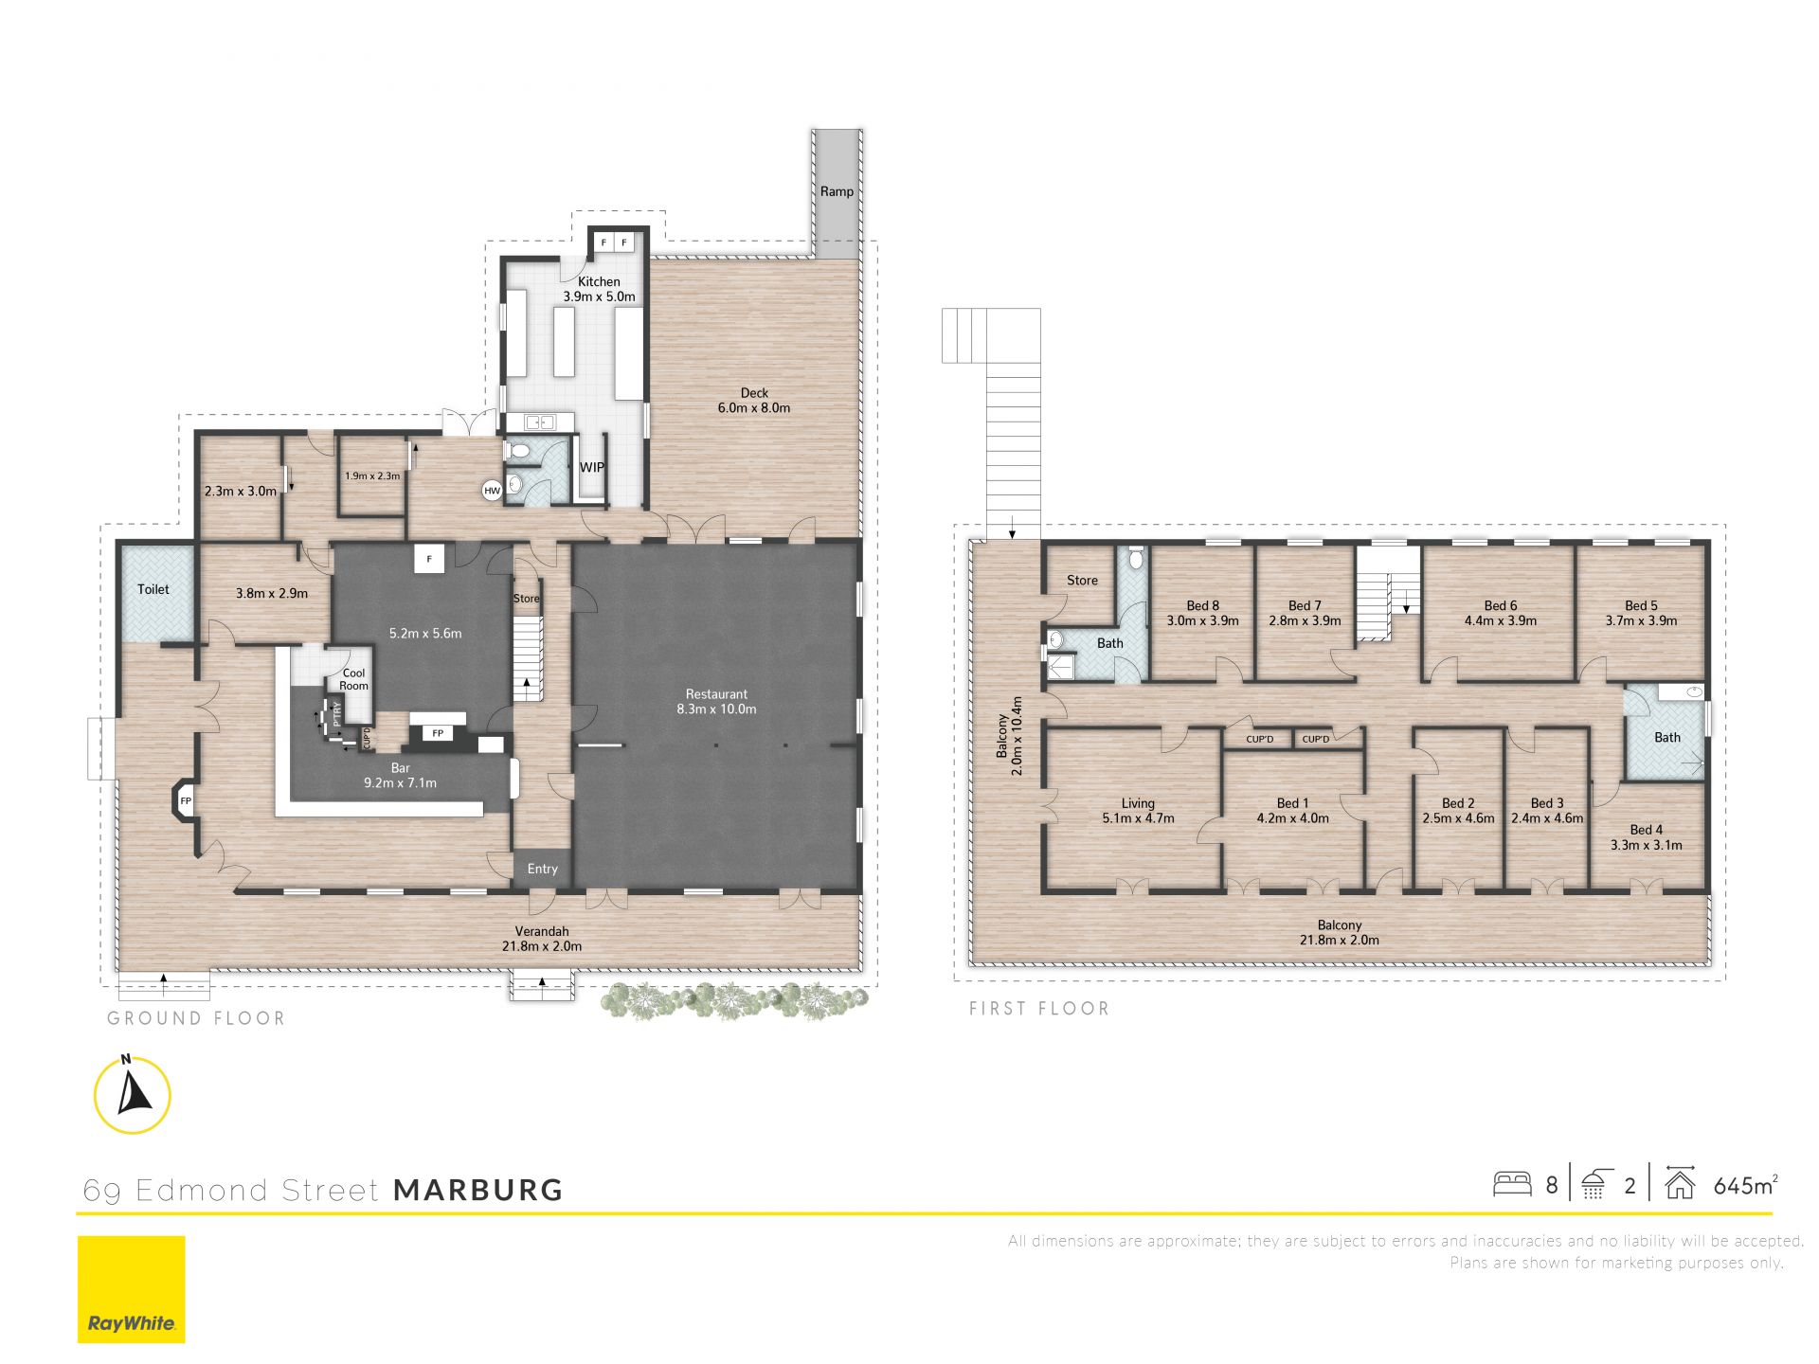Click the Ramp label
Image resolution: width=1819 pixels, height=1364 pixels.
pyautogui.click(x=837, y=191)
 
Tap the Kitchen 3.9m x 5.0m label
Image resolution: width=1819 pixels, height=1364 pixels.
pyautogui.click(x=599, y=289)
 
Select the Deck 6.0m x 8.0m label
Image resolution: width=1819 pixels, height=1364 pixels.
pyautogui.click(x=754, y=401)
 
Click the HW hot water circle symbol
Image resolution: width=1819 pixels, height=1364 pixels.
pyautogui.click(x=492, y=491)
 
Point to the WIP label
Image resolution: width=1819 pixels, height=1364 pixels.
pyautogui.click(x=592, y=467)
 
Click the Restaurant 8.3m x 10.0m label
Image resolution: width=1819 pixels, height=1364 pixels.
pyautogui.click(x=716, y=702)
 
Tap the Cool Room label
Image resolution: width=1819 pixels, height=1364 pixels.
pyautogui.click(x=353, y=679)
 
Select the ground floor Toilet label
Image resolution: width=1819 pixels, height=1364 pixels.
pyautogui.click(x=153, y=589)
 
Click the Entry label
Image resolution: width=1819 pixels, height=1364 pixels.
pyautogui.click(x=543, y=869)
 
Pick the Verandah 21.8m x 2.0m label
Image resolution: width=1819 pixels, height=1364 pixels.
pyautogui.click(x=542, y=939)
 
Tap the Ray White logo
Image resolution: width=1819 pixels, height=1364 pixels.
pyautogui.click(x=132, y=1289)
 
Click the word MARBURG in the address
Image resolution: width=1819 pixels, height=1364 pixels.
pyautogui.click(x=478, y=1191)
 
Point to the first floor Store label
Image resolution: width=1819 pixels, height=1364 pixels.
pyautogui.click(x=1082, y=581)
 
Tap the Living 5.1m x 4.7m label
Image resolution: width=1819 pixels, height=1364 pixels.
pyautogui.click(x=1138, y=811)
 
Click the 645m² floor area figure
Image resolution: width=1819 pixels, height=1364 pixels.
pyautogui.click(x=1745, y=1185)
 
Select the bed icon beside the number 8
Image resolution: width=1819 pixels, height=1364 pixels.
pyautogui.click(x=1512, y=1184)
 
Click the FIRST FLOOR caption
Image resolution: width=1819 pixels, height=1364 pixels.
pyautogui.click(x=1038, y=1009)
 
